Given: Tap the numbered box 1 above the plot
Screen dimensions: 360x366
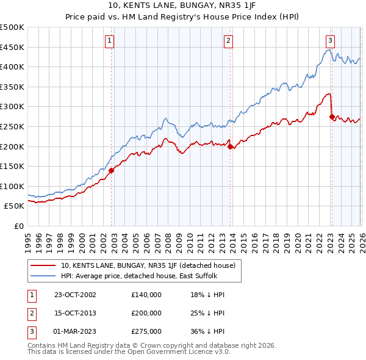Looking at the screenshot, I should point(109,41).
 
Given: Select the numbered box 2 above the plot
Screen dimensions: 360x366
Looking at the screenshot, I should point(228,41).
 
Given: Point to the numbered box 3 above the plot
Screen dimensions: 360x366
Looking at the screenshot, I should point(330,41).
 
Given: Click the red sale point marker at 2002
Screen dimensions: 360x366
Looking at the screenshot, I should point(112,171).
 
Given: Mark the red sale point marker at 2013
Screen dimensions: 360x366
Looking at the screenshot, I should point(230,146).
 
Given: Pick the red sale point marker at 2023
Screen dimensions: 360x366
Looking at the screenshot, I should point(332,117).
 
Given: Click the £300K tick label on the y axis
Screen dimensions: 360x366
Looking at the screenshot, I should point(13,107).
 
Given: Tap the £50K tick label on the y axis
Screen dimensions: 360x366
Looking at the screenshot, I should point(15,206).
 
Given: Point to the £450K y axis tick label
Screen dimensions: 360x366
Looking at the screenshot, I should point(13,47).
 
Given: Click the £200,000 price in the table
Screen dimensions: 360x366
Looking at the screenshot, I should point(146,313).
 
